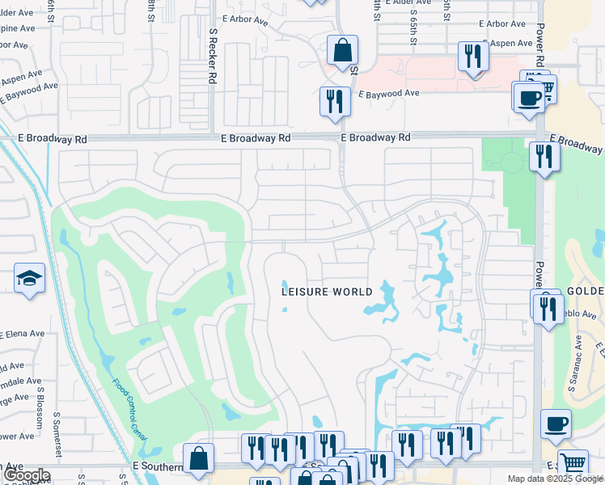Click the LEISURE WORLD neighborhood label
click(x=327, y=292)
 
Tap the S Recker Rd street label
click(x=213, y=57)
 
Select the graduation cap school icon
click(x=30, y=279)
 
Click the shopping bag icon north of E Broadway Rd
click(x=342, y=50)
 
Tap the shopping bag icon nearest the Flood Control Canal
click(x=198, y=458)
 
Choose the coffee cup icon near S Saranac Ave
click(x=555, y=424)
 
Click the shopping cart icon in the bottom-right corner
click(x=573, y=464)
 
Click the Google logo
click(x=26, y=475)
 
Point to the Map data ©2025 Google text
click(x=554, y=479)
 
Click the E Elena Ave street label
click(x=22, y=332)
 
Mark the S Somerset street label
click(x=57, y=432)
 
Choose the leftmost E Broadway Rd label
click(x=53, y=139)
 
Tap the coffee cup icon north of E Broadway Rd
click(x=529, y=97)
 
